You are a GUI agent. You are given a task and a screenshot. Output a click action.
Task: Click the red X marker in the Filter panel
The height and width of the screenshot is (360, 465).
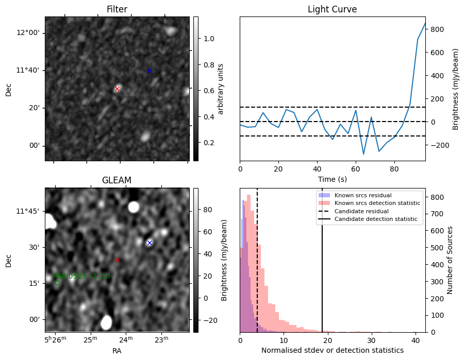coord(117,89)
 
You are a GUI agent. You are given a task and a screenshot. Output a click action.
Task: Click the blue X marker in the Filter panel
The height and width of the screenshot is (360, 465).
coord(150,71)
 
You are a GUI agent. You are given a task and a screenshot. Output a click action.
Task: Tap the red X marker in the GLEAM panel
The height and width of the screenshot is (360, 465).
coord(117,260)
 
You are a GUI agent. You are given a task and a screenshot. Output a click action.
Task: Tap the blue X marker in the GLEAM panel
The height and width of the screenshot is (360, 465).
coord(150,243)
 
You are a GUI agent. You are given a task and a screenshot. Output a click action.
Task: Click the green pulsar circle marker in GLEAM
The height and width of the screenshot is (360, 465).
coord(57,282)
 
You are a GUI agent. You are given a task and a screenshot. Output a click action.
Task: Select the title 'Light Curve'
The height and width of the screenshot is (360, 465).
coord(332,9)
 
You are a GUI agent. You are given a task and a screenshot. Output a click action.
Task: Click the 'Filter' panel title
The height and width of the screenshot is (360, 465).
coord(117,9)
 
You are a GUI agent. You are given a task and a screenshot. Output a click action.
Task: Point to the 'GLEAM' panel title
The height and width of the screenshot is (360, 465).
coord(117,180)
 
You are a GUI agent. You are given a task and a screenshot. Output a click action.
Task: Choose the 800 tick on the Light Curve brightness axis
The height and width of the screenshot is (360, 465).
coord(439,29)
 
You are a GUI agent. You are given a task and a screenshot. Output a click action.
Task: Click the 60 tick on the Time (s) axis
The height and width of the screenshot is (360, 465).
coord(356,168)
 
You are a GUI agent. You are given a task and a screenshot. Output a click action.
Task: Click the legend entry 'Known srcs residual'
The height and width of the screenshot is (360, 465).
coord(362,195)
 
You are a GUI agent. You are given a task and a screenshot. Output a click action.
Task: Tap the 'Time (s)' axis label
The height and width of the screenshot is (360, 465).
coord(332,179)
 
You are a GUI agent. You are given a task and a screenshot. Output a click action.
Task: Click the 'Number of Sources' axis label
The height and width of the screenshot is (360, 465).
coord(450,260)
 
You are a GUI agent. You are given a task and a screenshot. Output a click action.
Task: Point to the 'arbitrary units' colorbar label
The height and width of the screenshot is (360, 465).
coord(221,89)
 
